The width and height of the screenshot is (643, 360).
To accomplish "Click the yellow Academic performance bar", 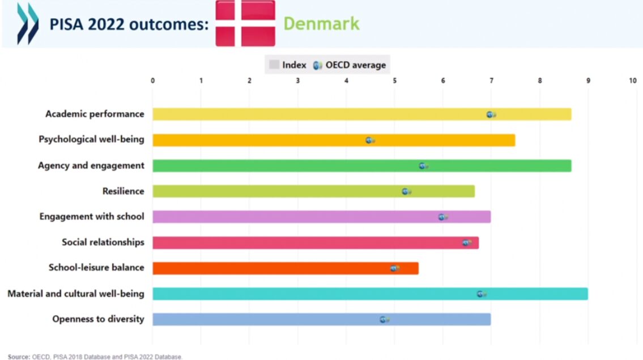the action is pos(361,114).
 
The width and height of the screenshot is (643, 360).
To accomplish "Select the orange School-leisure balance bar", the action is pos(286,268).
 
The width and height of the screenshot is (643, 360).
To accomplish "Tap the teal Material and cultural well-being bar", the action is pos(371,294).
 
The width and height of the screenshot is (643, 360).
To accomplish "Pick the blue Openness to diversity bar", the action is pos(322,319).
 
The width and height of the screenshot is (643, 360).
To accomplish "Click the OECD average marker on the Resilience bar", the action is pos(406,192).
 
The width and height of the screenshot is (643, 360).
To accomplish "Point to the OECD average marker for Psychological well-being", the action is pos(371,141).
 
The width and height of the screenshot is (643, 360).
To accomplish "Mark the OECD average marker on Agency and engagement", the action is pos(424,166).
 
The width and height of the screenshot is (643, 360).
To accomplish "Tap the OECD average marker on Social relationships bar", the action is pos(467,243).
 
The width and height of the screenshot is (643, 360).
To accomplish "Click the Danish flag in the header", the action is pos(245,23).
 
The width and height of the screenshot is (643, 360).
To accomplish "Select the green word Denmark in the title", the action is pos(322,23).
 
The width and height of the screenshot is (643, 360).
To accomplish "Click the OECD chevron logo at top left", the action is pos(28,24).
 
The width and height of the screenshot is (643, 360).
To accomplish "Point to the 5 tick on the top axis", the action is pos(394,81).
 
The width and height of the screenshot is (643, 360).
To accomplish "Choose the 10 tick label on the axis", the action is pos(633,81).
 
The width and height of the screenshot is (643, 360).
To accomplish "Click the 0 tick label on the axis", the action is pos(152,81).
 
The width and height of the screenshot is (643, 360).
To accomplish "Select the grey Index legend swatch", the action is pos(274,65).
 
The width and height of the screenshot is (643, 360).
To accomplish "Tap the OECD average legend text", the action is pos(356,65).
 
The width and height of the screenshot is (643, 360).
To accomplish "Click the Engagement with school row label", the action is pos(92,217).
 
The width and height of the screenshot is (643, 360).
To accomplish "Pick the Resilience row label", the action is pos(124,191).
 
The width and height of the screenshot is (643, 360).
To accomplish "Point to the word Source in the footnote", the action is pos(19,357).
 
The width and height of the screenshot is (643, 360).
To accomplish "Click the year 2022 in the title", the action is pos(106,24).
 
